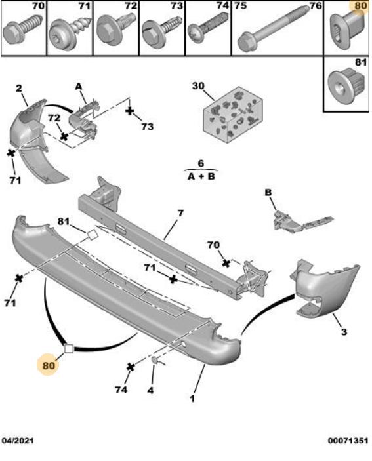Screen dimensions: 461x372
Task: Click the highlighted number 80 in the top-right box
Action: click(360, 7)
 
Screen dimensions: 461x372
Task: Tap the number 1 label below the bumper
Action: click(194, 398)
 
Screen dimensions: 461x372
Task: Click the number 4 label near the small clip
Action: click(150, 390)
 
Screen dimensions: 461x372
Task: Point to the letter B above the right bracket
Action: click(268, 192)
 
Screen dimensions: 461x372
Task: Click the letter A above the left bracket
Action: click(77, 86)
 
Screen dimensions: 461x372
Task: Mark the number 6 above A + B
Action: click(201, 163)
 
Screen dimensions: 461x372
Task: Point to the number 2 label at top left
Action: click(19, 89)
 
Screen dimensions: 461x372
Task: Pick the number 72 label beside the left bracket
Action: click(55, 118)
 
